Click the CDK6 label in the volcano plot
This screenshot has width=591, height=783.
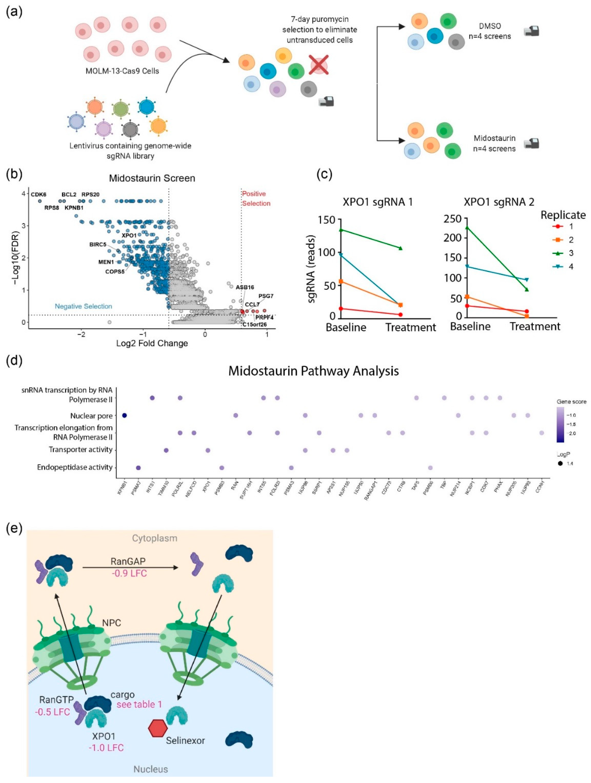[38, 194]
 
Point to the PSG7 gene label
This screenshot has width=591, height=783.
[266, 296]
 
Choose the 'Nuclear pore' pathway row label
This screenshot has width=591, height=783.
[91, 416]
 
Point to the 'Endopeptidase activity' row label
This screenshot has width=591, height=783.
[75, 467]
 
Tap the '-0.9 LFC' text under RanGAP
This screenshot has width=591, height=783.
[129, 573]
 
